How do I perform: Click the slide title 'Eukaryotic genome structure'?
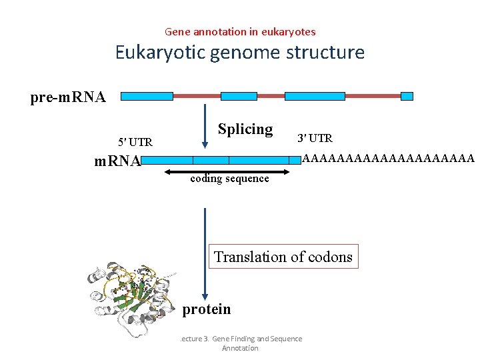click(240, 52)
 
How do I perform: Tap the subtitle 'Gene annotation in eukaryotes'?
click(240, 31)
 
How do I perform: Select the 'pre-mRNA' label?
click(68, 97)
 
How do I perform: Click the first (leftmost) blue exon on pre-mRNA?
click(147, 96)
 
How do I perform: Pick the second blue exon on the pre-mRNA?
click(239, 96)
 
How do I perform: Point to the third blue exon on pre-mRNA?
click(315, 96)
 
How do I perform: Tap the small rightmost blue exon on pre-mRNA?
click(407, 96)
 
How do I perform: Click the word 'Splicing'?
click(245, 129)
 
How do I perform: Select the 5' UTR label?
click(135, 142)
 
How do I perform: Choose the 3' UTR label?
click(315, 139)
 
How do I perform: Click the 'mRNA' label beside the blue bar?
click(117, 161)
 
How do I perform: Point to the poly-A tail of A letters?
click(388, 159)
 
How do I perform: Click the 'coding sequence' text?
click(230, 179)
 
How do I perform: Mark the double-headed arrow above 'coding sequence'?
click(229, 171)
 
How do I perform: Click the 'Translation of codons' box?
click(283, 257)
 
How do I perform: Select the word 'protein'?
click(207, 309)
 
